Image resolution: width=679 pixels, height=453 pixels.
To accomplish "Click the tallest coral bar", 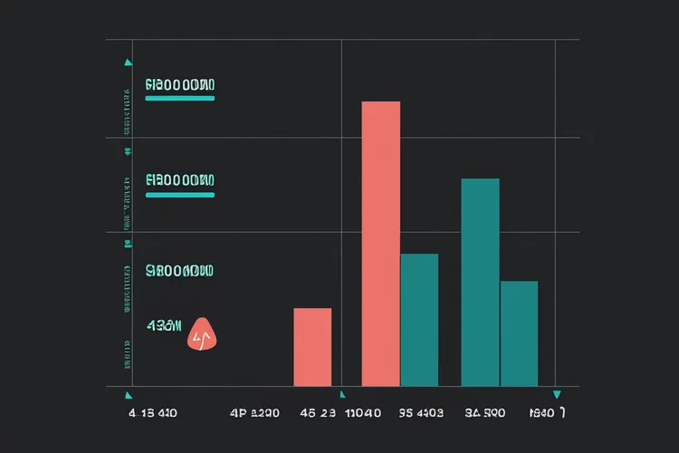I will click(380, 243).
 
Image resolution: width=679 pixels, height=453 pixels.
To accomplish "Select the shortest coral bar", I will click(312, 347).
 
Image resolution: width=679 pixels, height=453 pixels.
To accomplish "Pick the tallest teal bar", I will click(480, 282).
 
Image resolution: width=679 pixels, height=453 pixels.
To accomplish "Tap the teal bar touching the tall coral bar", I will click(419, 320).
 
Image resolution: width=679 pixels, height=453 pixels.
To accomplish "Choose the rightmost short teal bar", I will click(519, 333).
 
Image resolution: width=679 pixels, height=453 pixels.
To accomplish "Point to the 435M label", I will click(164, 324).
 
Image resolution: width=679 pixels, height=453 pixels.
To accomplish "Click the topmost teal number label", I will click(179, 85).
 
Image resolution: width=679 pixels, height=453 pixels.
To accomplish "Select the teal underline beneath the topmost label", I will click(180, 98).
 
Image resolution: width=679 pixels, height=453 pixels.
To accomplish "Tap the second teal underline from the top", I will click(180, 194).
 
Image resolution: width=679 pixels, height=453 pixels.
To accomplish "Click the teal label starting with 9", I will click(179, 270).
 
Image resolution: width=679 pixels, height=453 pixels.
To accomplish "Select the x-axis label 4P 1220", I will click(254, 413).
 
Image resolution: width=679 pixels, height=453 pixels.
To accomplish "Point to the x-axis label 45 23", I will click(318, 413).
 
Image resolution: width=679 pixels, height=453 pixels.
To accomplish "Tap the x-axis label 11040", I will click(366, 413).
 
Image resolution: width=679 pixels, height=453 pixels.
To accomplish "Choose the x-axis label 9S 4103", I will click(421, 413).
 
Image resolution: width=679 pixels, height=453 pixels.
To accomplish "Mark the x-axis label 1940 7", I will click(548, 413).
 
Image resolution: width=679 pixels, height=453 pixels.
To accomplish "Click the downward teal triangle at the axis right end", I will click(557, 394).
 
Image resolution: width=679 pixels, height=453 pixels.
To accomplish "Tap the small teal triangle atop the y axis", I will click(128, 63).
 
